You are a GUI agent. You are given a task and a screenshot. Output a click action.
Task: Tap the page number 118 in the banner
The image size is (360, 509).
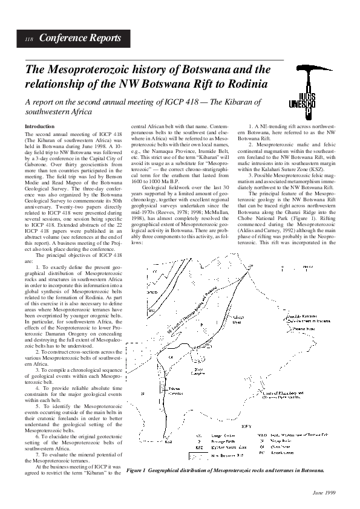(x=28, y=39)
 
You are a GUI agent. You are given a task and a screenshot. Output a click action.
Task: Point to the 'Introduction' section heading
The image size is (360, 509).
(x=39, y=126)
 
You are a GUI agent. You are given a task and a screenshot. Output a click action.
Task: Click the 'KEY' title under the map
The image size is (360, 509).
(x=280, y=427)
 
